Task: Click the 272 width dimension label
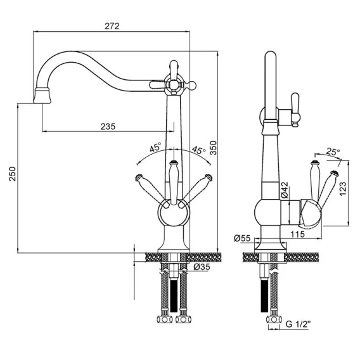112,26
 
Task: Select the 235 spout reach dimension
108,127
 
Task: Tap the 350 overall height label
214,148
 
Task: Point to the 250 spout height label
13,174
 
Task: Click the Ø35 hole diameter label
202,267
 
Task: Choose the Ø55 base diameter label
242,238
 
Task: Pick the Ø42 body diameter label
284,190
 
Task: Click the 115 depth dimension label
297,234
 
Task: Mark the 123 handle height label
343,189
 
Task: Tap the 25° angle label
333,151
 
